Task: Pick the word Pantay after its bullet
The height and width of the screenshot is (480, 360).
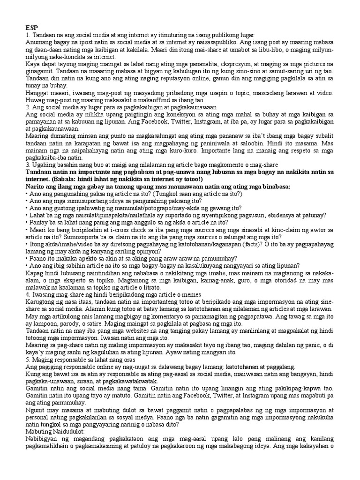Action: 39,222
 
